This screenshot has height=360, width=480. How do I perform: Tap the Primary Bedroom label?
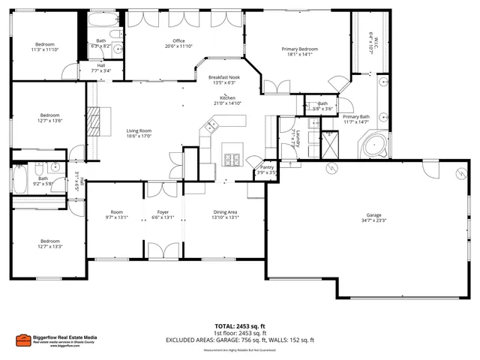tap(299, 49)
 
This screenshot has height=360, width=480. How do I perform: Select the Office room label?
tap(178, 40)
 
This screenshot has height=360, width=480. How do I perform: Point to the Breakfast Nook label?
tap(224, 77)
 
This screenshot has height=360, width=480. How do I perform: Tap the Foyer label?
tap(163, 212)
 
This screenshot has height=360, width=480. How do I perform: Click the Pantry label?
tap(267, 167)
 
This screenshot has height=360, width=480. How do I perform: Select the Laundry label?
tap(298, 137)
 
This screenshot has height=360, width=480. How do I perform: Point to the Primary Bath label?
tap(355, 117)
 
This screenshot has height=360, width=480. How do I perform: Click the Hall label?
tap(101, 65)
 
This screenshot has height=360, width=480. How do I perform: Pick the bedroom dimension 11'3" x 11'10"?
tap(44, 49)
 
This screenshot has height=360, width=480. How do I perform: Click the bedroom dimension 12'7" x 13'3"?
tap(49, 246)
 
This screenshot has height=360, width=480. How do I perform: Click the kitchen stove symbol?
tap(232, 159)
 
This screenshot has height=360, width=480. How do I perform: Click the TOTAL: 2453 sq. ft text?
tap(240, 326)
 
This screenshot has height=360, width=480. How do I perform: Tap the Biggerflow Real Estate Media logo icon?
tap(23, 339)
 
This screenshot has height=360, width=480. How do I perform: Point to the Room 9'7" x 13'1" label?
tap(116, 214)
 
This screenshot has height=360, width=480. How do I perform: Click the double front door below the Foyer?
tap(163, 250)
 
